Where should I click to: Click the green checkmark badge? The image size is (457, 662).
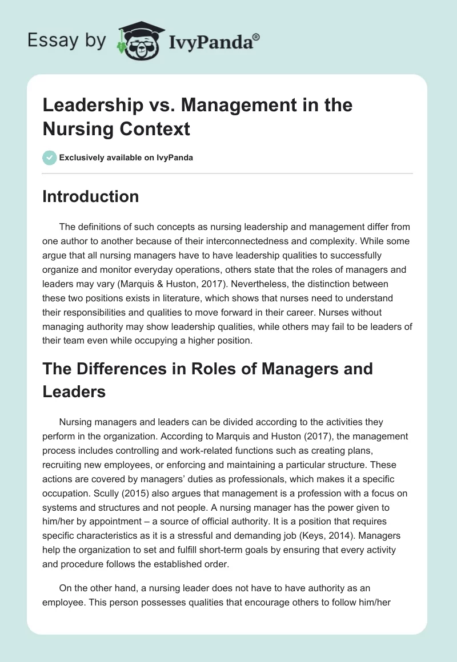49,158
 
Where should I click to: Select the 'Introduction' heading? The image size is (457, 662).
91,196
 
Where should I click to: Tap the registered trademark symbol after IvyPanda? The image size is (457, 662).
257,37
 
